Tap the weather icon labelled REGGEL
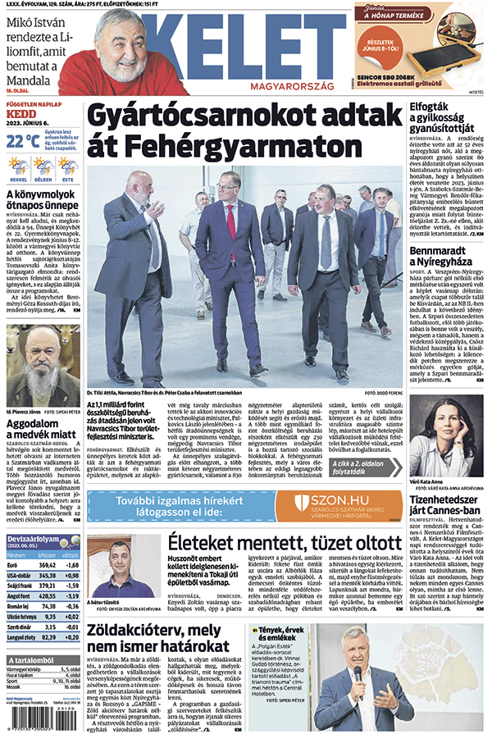pos(18,168)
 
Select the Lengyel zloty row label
pos(23,636)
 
